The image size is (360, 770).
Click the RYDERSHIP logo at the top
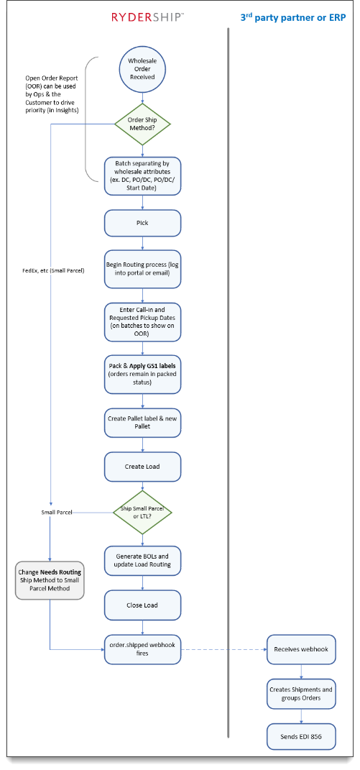coord(147,17)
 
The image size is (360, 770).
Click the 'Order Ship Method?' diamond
coord(142,124)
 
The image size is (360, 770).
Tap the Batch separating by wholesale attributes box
coord(142,174)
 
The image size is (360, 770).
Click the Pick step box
coord(142,223)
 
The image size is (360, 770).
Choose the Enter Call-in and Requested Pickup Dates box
coord(142,317)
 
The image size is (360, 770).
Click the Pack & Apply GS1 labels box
coord(142,372)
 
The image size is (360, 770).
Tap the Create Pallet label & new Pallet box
coord(142,422)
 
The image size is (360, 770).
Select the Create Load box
coord(142,467)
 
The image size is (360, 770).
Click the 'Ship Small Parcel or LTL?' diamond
coord(142,512)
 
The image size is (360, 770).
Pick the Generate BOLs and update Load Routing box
coord(142,561)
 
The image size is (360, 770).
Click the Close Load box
coord(142,605)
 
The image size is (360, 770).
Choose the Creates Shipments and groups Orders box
coord(301,693)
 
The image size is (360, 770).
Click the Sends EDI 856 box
coord(301,737)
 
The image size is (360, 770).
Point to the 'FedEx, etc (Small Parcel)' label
coord(54,270)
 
